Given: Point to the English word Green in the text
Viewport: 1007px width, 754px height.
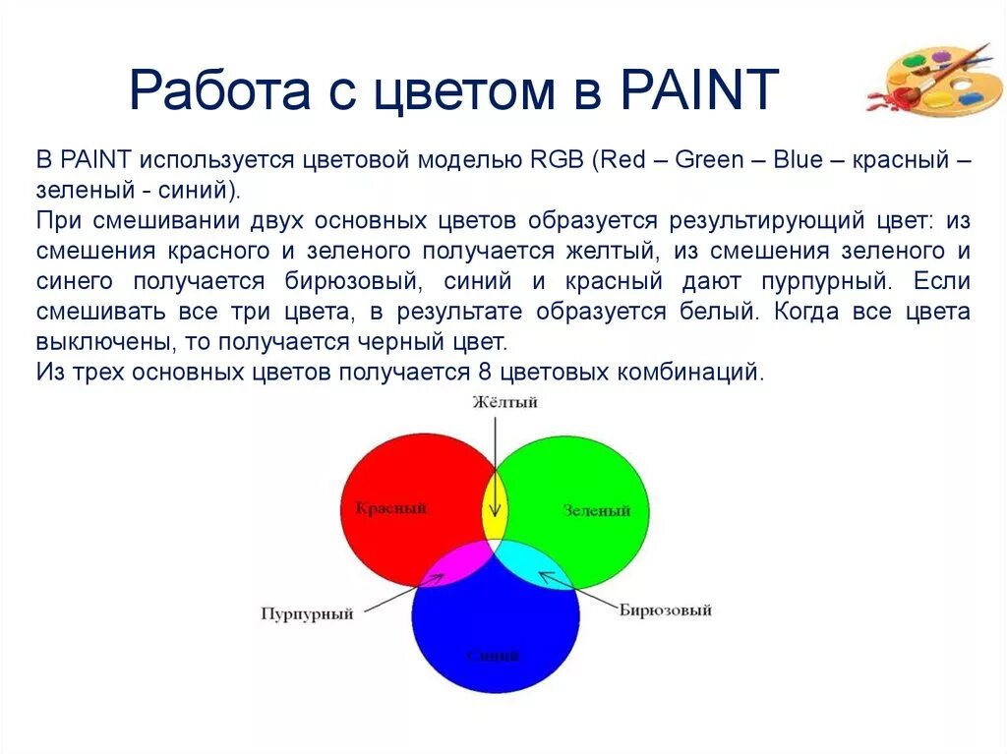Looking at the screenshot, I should tap(710, 160).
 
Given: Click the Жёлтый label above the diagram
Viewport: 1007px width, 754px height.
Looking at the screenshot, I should tap(504, 402).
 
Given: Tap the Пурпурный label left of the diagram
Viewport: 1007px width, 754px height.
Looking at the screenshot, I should tap(307, 613).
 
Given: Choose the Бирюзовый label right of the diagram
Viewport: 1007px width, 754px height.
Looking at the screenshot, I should tap(665, 610).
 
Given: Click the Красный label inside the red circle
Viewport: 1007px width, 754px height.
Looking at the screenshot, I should tap(390, 508).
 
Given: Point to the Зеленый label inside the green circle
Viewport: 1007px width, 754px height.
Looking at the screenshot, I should tap(597, 510).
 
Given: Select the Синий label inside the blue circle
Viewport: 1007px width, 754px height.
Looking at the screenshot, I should tap(493, 655).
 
